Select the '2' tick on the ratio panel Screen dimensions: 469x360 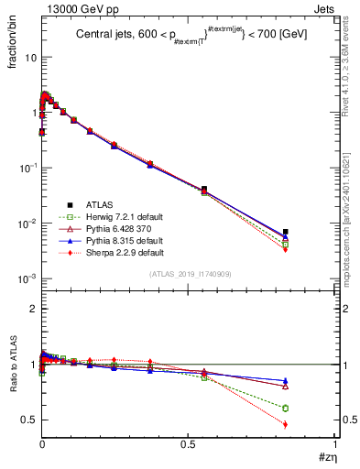(x=31, y=309)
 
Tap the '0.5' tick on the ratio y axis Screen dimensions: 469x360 (x=27, y=420)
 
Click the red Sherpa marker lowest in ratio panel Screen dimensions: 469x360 (x=285, y=424)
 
